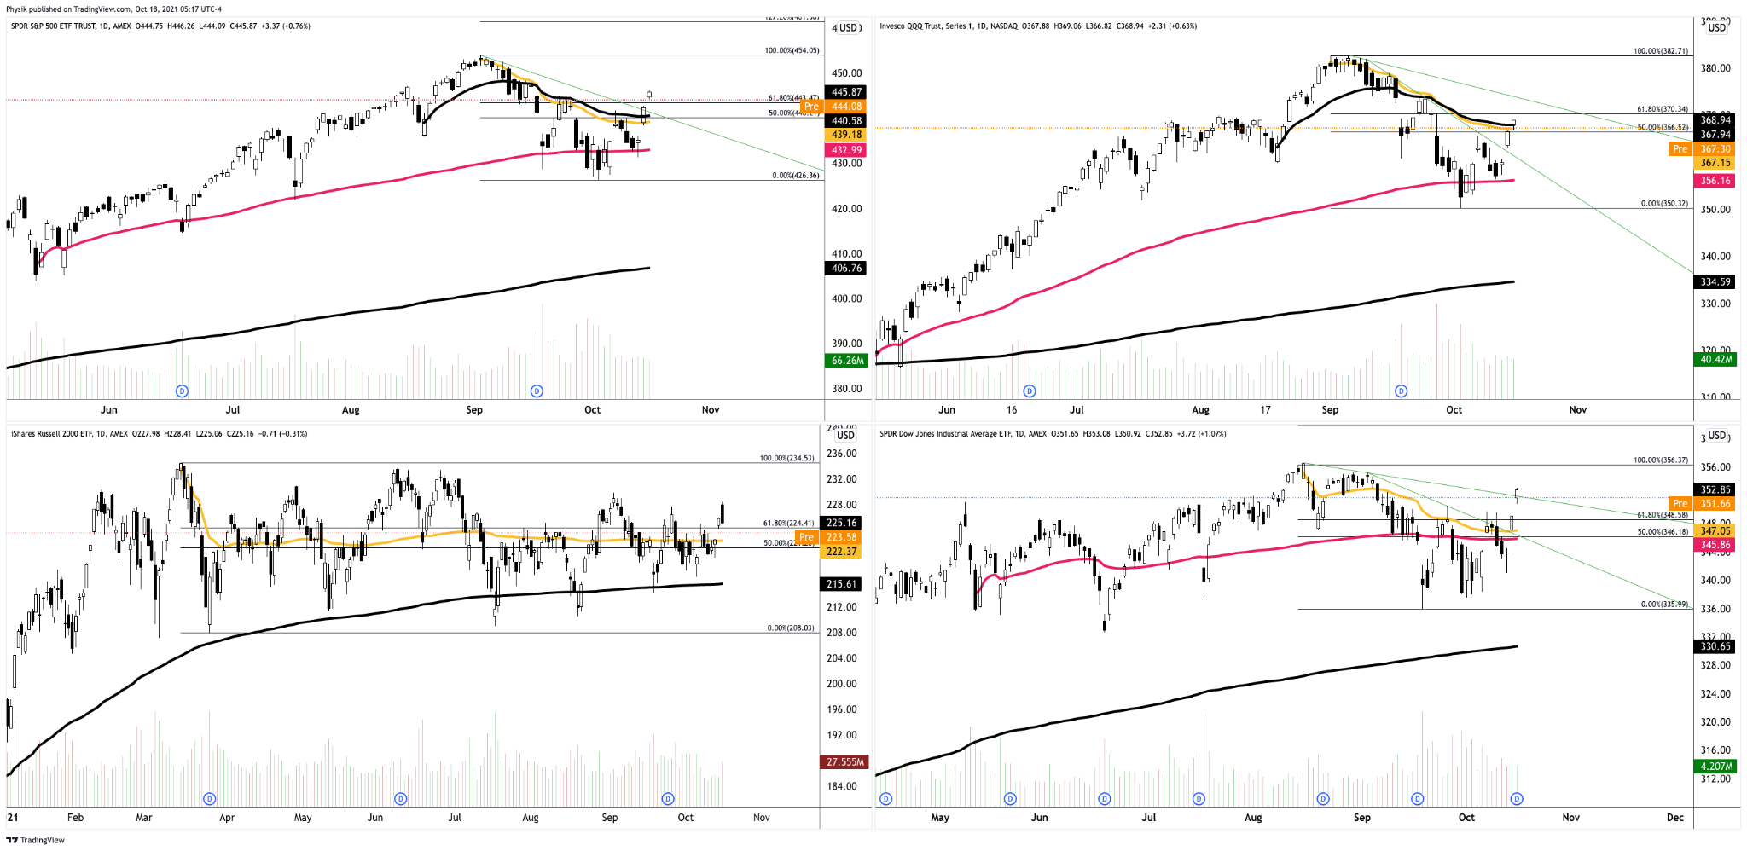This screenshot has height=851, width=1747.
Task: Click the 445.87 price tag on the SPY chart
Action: pos(846,92)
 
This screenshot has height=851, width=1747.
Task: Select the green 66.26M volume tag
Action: pos(846,361)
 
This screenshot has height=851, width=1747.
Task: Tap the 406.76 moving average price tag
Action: pos(846,269)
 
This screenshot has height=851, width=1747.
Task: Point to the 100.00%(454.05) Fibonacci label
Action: pos(792,50)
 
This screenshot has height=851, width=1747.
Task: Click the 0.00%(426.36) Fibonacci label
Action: pos(795,176)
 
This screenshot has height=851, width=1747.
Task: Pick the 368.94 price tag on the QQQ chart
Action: pos(1715,120)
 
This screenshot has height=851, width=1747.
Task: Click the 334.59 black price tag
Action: pos(1715,282)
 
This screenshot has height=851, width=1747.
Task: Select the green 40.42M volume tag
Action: pos(1715,360)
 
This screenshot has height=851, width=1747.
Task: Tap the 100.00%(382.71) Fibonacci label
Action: pos(1660,51)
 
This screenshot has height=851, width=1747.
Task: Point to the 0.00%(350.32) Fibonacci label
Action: pos(1663,204)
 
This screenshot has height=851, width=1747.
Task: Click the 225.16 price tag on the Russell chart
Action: pos(841,524)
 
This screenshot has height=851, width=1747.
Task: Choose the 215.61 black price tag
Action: pos(841,584)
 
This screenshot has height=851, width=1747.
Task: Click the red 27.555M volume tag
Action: pos(844,762)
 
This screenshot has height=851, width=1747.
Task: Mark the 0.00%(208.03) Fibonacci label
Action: pos(790,628)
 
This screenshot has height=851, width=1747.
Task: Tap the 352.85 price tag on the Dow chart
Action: pos(1715,490)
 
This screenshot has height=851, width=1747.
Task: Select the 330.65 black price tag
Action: pos(1715,647)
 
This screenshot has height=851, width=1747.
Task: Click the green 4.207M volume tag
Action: pos(1715,767)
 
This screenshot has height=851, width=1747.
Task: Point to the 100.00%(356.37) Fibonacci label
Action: pos(1660,460)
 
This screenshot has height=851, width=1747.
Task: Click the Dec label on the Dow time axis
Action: pos(1674,818)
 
